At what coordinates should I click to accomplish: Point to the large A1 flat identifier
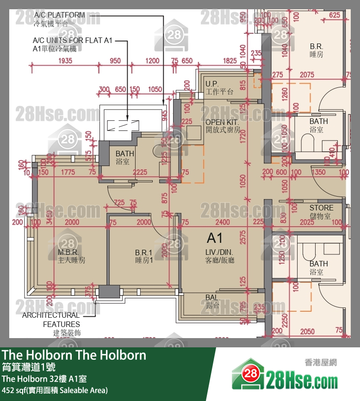215,238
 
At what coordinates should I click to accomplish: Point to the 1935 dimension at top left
65,61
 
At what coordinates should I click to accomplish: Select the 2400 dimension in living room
223,222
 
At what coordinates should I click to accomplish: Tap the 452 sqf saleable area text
55,390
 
